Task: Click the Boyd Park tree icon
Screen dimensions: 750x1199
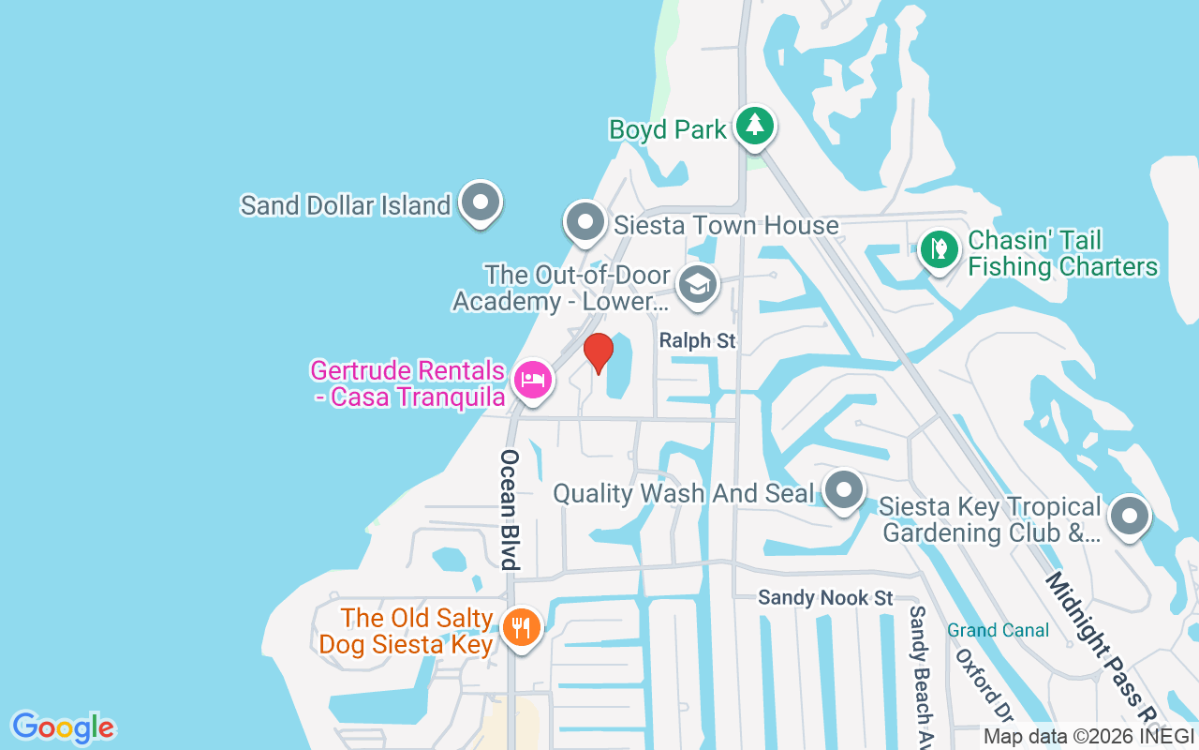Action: [754, 126]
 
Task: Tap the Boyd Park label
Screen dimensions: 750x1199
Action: [667, 129]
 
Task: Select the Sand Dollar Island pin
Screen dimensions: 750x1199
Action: [481, 202]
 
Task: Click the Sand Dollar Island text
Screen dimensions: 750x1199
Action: [346, 205]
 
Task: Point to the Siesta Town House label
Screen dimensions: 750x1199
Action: [726, 225]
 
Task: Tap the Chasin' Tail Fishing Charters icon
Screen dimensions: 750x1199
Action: [938, 249]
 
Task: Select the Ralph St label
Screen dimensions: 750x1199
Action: [697, 341]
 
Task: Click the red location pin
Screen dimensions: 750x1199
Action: [598, 352]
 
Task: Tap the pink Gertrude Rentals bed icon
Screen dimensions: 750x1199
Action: [532, 381]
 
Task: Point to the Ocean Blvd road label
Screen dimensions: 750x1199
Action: [510, 510]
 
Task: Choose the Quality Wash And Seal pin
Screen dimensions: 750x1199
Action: [844, 489]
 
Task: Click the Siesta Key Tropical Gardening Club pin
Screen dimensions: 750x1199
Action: [1129, 516]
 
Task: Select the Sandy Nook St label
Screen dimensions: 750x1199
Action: [825, 597]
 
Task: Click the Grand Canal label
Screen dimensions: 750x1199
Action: [998, 630]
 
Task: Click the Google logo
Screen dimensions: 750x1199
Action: [64, 727]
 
